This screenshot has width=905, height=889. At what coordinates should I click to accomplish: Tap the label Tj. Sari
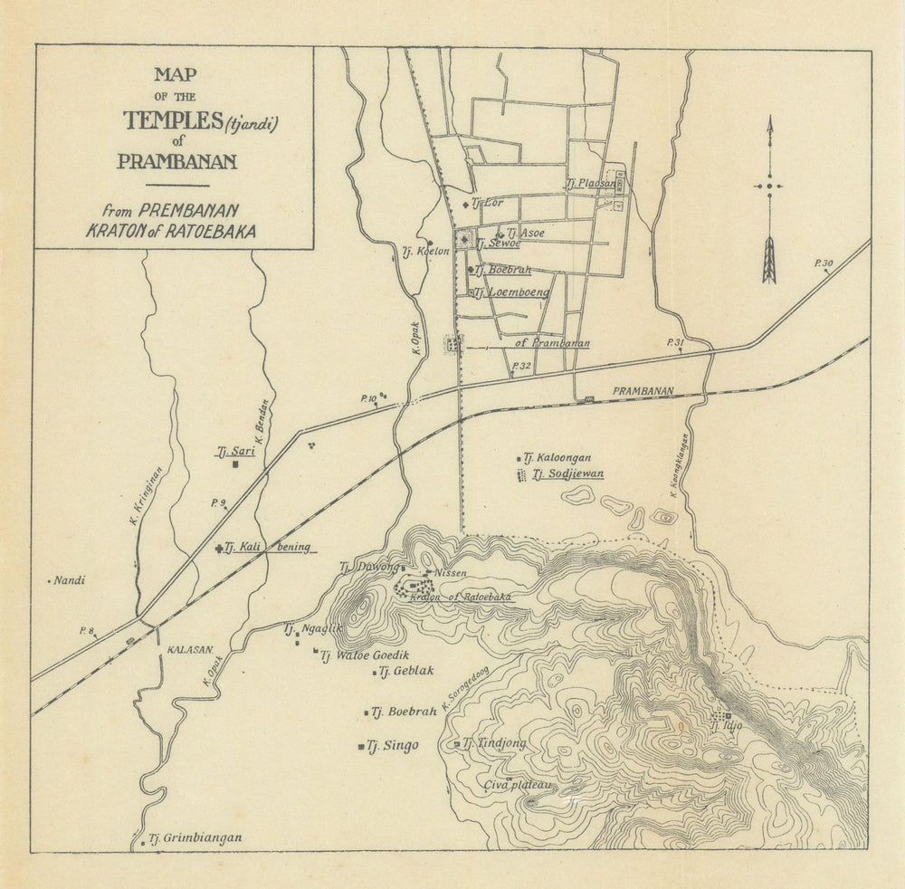(235, 450)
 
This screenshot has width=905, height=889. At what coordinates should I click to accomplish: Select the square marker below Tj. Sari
(235, 464)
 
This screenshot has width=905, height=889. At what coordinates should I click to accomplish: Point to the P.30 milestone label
(824, 263)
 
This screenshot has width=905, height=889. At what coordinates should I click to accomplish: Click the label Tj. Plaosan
(590, 183)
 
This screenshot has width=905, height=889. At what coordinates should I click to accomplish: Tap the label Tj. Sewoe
(498, 244)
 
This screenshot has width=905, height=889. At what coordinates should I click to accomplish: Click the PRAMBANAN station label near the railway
(643, 391)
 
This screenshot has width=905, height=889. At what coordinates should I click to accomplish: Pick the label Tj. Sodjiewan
(567, 473)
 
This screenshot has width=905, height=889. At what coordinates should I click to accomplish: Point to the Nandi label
(69, 581)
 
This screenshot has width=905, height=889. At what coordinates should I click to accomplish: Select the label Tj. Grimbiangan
(195, 838)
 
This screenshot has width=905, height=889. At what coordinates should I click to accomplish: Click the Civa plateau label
(518, 785)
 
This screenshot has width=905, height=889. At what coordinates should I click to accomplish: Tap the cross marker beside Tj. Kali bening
(219, 548)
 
